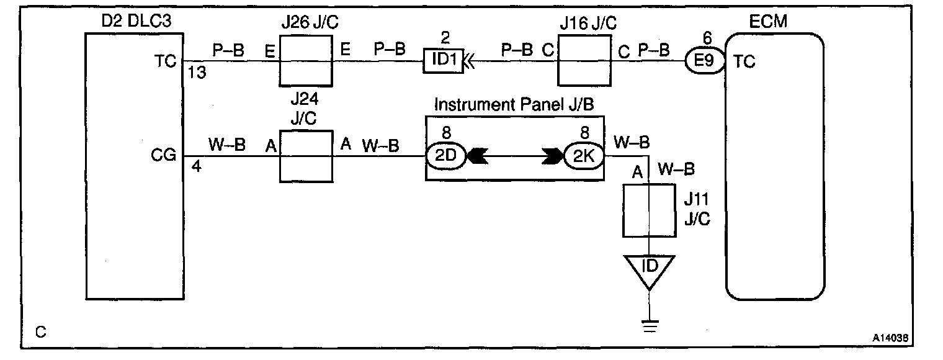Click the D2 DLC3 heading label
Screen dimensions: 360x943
[135, 22]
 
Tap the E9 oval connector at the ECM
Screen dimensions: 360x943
[704, 62]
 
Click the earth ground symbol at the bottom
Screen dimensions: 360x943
[649, 325]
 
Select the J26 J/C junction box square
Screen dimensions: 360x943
[304, 61]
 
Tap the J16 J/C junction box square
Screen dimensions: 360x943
[583, 61]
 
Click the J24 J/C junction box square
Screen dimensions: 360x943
[304, 156]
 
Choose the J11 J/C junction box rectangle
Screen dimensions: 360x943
[649, 211]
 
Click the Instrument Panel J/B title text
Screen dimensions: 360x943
[514, 104]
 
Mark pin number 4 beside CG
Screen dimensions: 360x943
[196, 166]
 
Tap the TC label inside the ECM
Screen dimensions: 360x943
[744, 62]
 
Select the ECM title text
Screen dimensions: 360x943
[768, 22]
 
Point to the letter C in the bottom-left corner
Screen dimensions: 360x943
[40, 333]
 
